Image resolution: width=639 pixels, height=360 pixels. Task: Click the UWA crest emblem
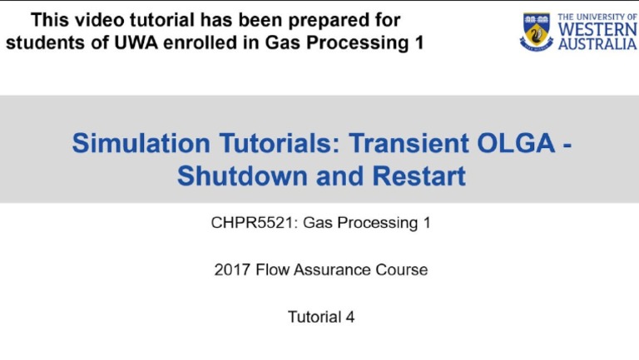[536, 32]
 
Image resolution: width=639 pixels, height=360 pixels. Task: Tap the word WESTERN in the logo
[597, 30]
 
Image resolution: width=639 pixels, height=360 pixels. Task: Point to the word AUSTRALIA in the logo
[597, 44]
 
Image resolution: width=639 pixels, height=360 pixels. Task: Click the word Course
[402, 269]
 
